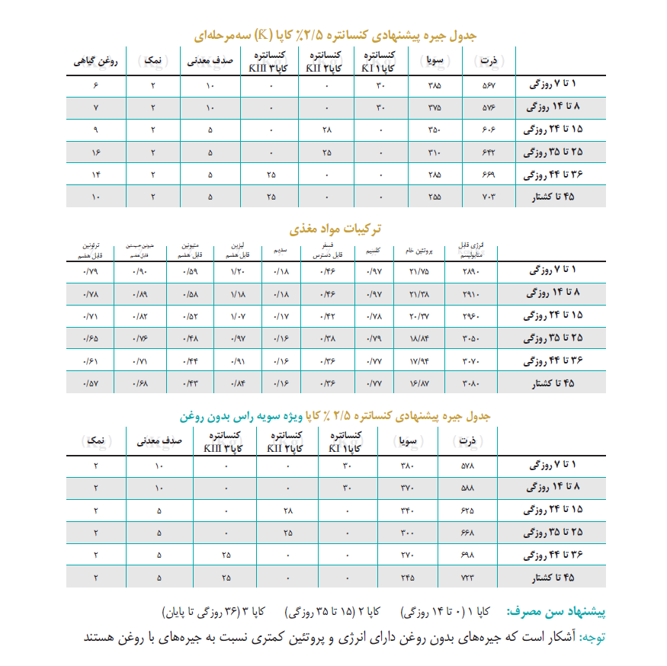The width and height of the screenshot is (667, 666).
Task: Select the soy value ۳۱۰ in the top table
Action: (435, 152)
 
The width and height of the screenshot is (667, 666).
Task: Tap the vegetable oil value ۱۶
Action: (95, 152)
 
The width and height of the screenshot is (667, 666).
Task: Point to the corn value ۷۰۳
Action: (489, 197)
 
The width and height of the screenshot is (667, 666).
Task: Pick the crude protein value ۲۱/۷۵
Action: (418, 271)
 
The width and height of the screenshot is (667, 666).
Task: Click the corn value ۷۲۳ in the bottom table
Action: (467, 578)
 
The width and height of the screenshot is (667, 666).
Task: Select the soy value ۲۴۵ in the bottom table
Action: (407, 578)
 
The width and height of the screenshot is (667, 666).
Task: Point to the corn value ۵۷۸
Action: (467, 466)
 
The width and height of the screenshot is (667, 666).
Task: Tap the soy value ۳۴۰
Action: (407, 511)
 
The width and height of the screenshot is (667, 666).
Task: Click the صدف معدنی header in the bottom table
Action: (159, 440)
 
